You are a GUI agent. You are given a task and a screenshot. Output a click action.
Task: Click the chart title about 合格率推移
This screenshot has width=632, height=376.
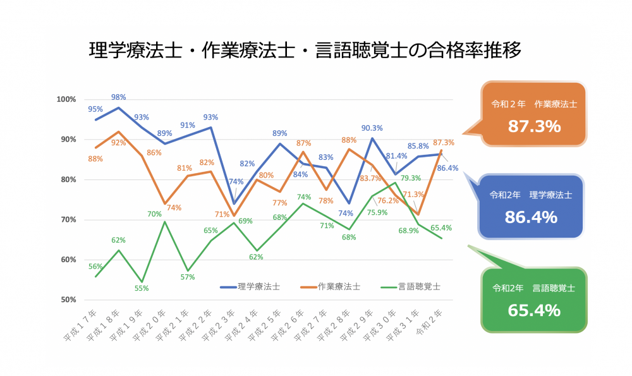click(x=305, y=51)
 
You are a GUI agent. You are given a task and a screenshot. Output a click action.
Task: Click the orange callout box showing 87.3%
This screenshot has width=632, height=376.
click(x=534, y=114)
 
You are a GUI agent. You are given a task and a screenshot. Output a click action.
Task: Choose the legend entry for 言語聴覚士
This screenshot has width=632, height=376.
click(x=410, y=286)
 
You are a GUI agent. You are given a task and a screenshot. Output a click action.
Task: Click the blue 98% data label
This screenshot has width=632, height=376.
click(x=119, y=97)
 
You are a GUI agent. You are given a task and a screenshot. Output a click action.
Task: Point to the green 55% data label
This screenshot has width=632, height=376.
click(x=142, y=288)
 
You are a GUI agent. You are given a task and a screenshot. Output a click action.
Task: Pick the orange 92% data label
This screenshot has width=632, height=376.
click(x=119, y=143)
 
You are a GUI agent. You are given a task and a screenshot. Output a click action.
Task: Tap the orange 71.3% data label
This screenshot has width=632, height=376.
click(x=415, y=194)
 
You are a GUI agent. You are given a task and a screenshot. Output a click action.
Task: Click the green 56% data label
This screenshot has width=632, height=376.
click(x=95, y=266)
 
